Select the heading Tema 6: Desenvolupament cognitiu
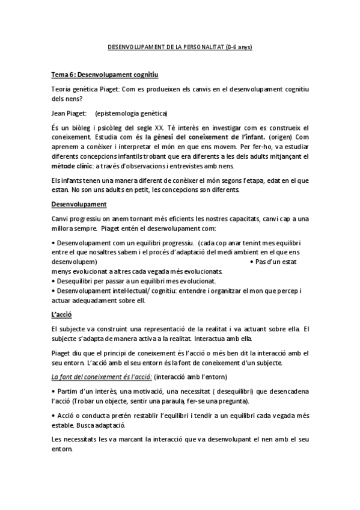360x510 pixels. [x=105, y=75]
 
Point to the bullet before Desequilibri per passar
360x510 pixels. [x=53, y=281]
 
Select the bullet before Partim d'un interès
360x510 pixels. [x=53, y=391]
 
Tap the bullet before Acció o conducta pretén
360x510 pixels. [x=53, y=416]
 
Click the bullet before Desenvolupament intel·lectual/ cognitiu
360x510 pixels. [x=53, y=291]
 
